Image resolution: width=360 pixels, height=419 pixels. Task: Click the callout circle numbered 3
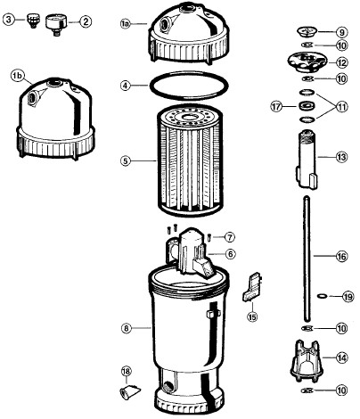click(x=9, y=20)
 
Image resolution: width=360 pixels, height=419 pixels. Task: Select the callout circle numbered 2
click(x=86, y=21)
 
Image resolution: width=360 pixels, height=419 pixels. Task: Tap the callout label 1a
click(x=126, y=24)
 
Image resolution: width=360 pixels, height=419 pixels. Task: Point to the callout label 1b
click(x=17, y=76)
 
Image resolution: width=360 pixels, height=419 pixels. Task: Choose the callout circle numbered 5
click(x=126, y=160)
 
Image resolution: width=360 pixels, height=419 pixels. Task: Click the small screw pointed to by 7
click(x=209, y=237)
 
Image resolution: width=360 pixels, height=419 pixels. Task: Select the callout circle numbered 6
click(x=230, y=254)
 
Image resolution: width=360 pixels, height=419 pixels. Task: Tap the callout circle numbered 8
click(x=127, y=328)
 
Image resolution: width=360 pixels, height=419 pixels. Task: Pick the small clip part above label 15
click(x=253, y=287)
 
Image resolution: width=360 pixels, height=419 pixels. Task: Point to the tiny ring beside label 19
click(x=322, y=296)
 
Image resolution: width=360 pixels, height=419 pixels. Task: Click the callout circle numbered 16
click(x=341, y=256)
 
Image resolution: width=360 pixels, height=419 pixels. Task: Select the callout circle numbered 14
click(x=341, y=357)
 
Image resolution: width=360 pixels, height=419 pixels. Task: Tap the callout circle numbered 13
click(x=341, y=157)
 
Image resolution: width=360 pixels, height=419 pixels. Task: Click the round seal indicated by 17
click(x=306, y=105)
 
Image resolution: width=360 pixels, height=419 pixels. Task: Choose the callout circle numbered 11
click(x=341, y=106)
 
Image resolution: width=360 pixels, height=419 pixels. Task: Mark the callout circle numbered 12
click(x=341, y=62)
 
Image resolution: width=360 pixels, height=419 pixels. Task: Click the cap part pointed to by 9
click(x=307, y=31)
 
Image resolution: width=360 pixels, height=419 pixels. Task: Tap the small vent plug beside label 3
click(x=33, y=21)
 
